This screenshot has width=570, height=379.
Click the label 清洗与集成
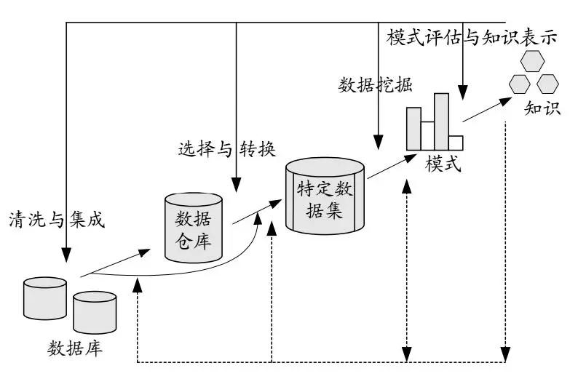[x=56, y=219]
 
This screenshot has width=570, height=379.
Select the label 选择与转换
[x=226, y=149]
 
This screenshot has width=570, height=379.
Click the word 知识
[x=542, y=108]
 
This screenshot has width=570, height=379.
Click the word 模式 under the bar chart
[x=443, y=164]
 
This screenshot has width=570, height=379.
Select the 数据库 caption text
[x=75, y=347]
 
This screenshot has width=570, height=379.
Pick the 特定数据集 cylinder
[x=325, y=196]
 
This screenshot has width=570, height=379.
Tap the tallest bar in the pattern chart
[x=441, y=121]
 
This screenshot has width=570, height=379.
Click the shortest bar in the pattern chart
[x=456, y=142]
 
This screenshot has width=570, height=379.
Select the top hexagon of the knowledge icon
[x=531, y=60]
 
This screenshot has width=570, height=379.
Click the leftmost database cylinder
[x=44, y=298]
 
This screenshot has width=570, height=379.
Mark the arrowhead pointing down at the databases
[x=66, y=255]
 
